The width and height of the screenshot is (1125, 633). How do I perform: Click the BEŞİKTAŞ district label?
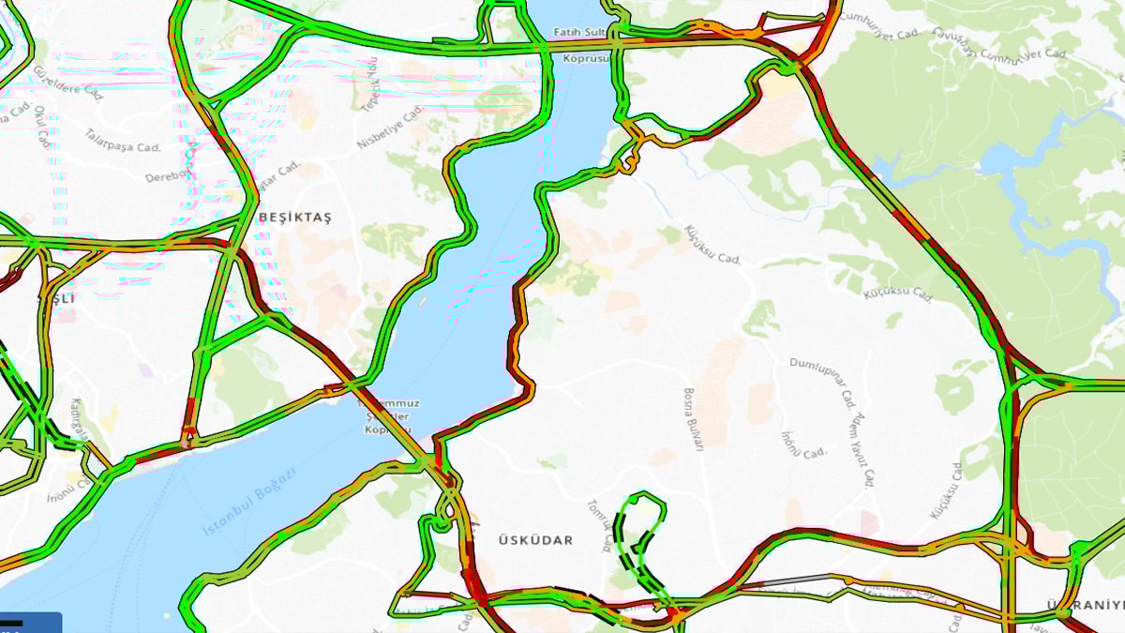pyautogui.click(x=295, y=218)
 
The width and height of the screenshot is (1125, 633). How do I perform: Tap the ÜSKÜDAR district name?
pyautogui.click(x=535, y=541)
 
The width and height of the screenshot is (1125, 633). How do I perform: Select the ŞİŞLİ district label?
pyautogui.click(x=55, y=298)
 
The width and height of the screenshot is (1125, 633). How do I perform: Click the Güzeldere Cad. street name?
pyautogui.click(x=67, y=82)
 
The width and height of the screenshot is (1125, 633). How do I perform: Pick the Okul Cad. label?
pyautogui.click(x=41, y=127)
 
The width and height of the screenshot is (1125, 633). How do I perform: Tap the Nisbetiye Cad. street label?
pyautogui.click(x=392, y=128)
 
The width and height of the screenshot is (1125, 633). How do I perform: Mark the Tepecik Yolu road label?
pyautogui.click(x=370, y=83)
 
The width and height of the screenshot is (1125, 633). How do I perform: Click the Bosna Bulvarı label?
pyautogui.click(x=694, y=420)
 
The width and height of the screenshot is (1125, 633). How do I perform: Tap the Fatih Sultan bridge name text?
pyautogui.click(x=579, y=32)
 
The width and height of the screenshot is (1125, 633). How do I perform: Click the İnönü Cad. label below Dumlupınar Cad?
pyautogui.click(x=803, y=445)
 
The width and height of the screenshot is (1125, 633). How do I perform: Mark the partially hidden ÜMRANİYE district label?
pyautogui.click(x=1086, y=605)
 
